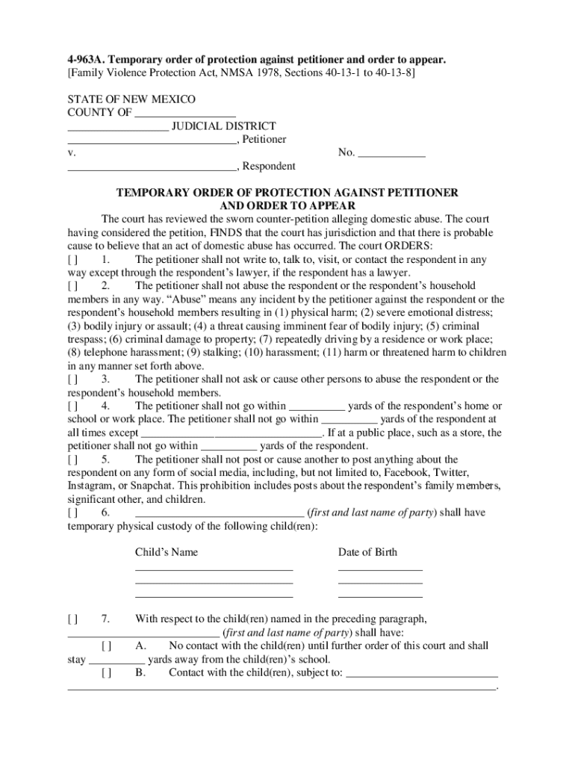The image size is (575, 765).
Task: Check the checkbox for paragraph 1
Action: point(72,260)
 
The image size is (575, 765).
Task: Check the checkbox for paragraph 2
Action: point(72,286)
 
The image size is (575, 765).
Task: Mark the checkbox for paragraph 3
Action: point(72,380)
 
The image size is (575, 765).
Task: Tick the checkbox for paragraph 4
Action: point(72,406)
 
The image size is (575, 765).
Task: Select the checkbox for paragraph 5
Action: point(72,459)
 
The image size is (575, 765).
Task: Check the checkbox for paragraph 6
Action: point(72,512)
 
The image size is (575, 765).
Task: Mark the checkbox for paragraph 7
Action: point(72,619)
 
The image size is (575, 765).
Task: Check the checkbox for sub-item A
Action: point(107,645)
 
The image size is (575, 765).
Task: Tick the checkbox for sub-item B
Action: point(107,672)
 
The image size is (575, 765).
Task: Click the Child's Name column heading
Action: point(166,553)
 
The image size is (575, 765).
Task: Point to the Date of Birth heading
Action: point(367,553)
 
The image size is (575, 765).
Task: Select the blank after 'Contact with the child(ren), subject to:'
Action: point(423,672)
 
